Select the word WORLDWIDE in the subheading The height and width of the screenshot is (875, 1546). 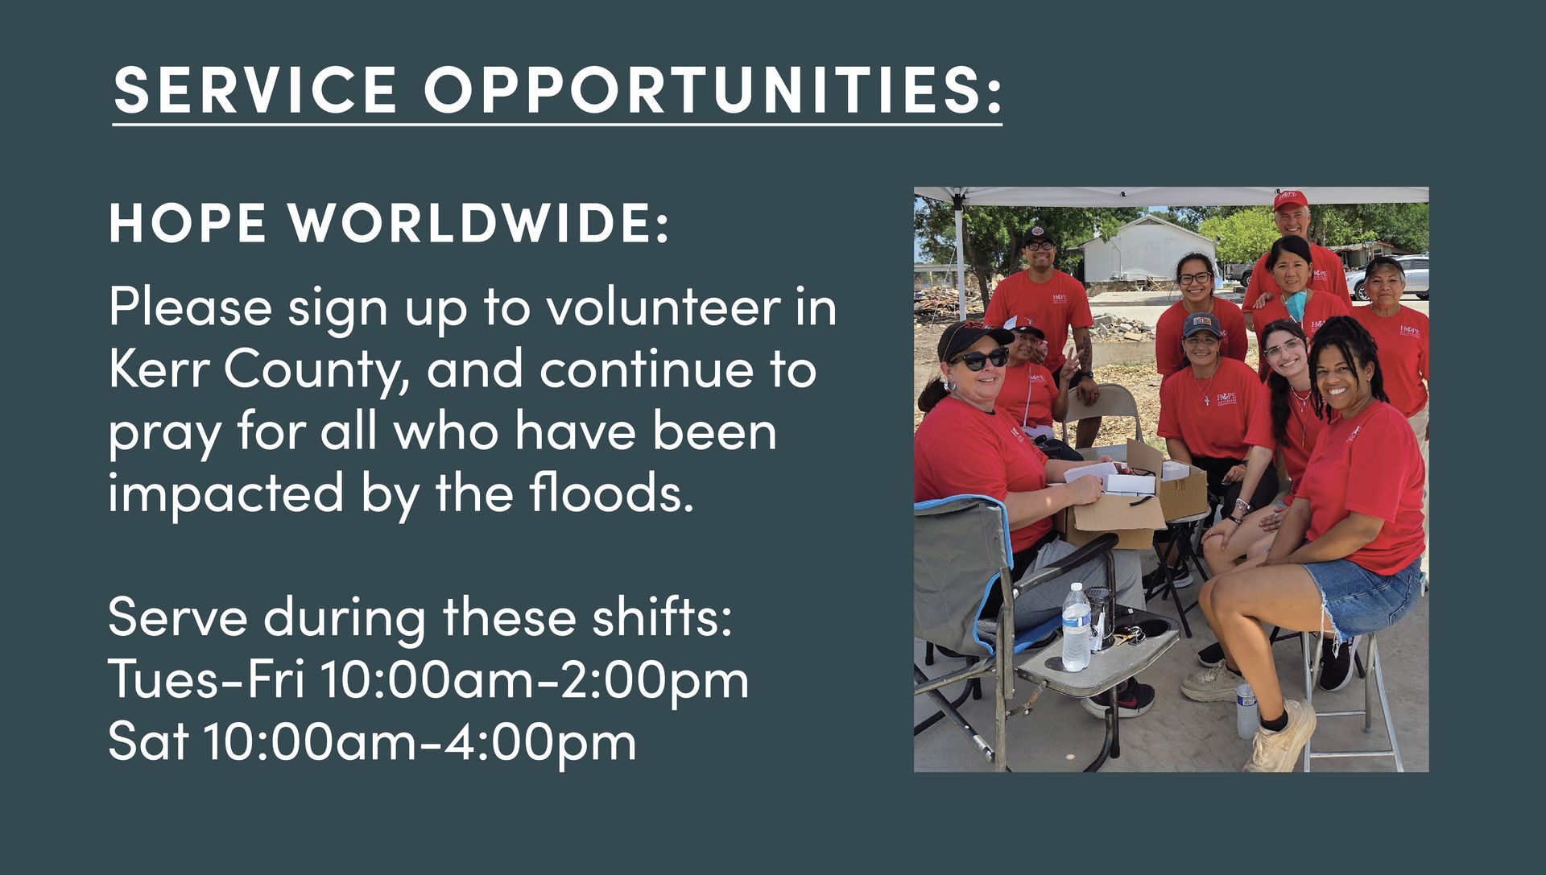coord(479,223)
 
